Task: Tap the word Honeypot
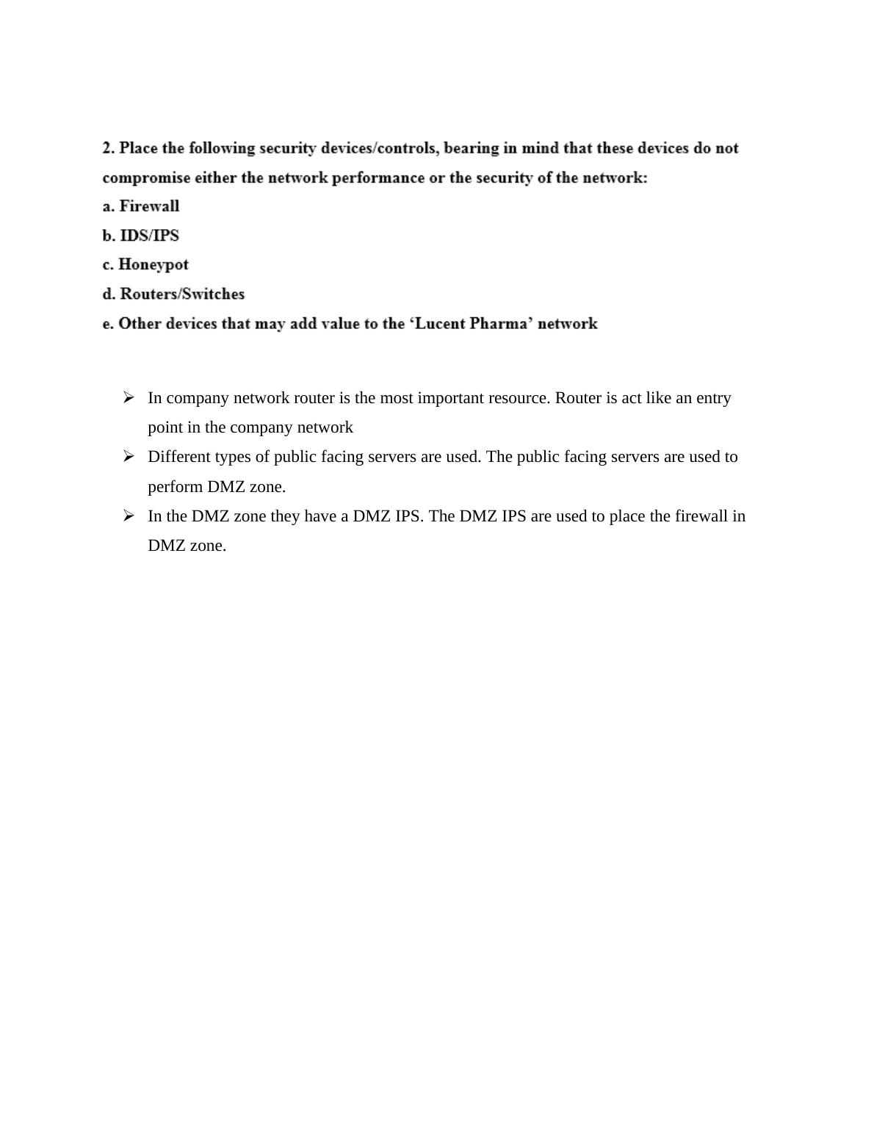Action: point(154,264)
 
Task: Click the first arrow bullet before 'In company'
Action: point(129,397)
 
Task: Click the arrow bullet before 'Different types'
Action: point(129,456)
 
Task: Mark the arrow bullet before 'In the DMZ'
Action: point(129,516)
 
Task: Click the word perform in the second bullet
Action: point(176,487)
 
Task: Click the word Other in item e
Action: point(140,324)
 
